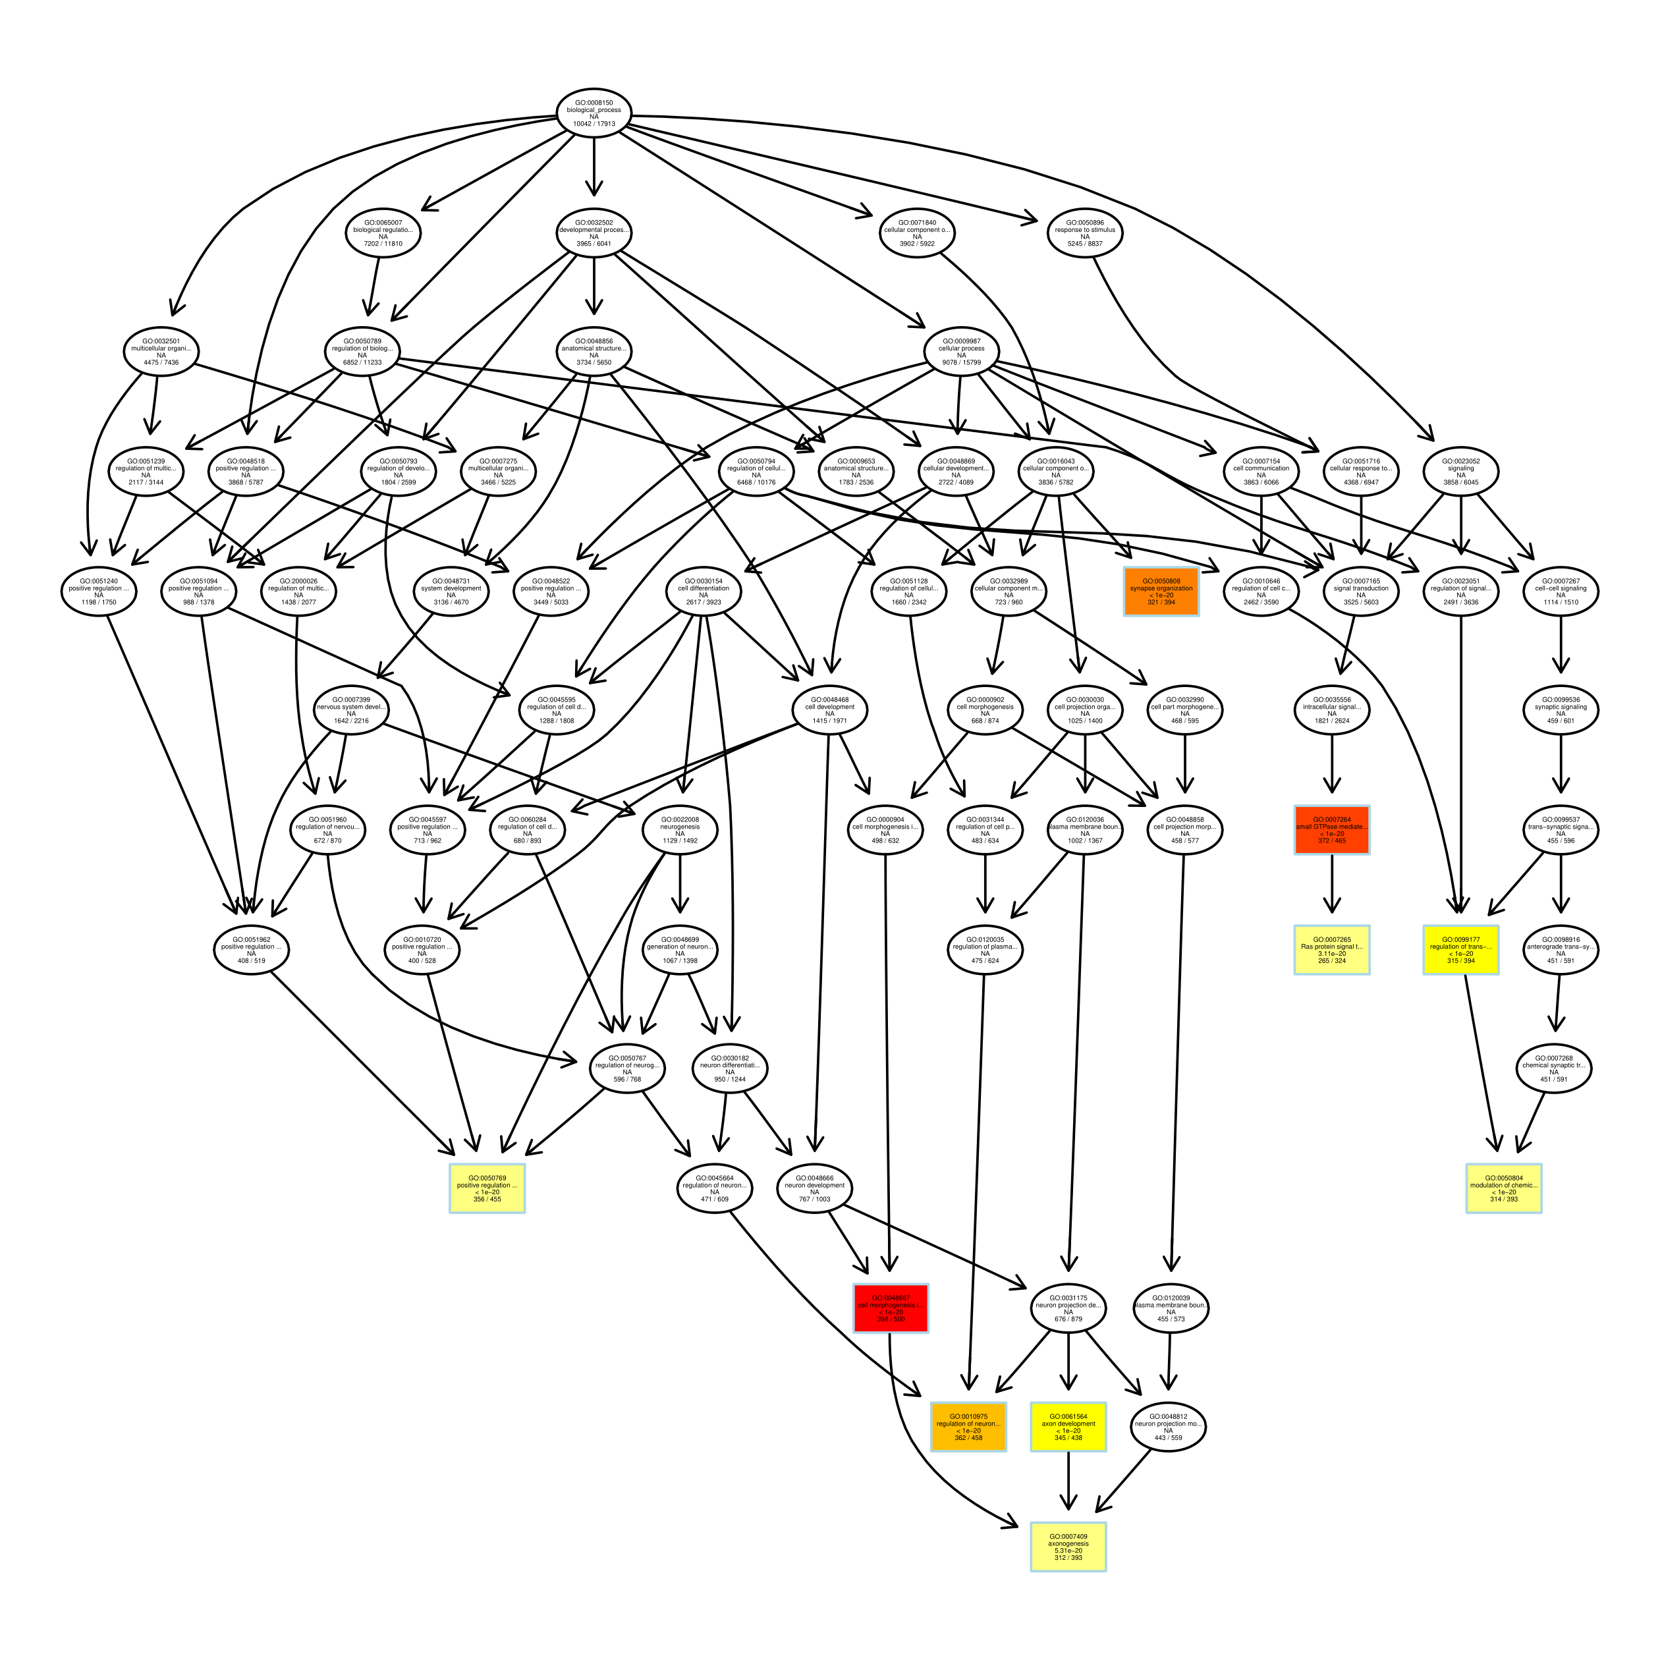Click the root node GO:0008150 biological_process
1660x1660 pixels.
pyautogui.click(x=594, y=114)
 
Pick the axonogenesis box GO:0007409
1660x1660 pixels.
pyautogui.click(x=1068, y=1547)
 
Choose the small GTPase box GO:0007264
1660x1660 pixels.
pyautogui.click(x=1332, y=830)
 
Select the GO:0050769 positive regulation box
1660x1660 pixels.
pyautogui.click(x=487, y=1188)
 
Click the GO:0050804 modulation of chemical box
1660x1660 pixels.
pyautogui.click(x=1504, y=1188)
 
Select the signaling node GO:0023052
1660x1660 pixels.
pyautogui.click(x=1460, y=472)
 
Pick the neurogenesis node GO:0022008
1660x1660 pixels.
pyautogui.click(x=680, y=830)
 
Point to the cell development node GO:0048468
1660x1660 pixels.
pyautogui.click(x=829, y=711)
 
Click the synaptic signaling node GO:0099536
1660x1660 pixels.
pyautogui.click(x=1561, y=711)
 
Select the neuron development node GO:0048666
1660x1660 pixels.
pyautogui.click(x=815, y=1188)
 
